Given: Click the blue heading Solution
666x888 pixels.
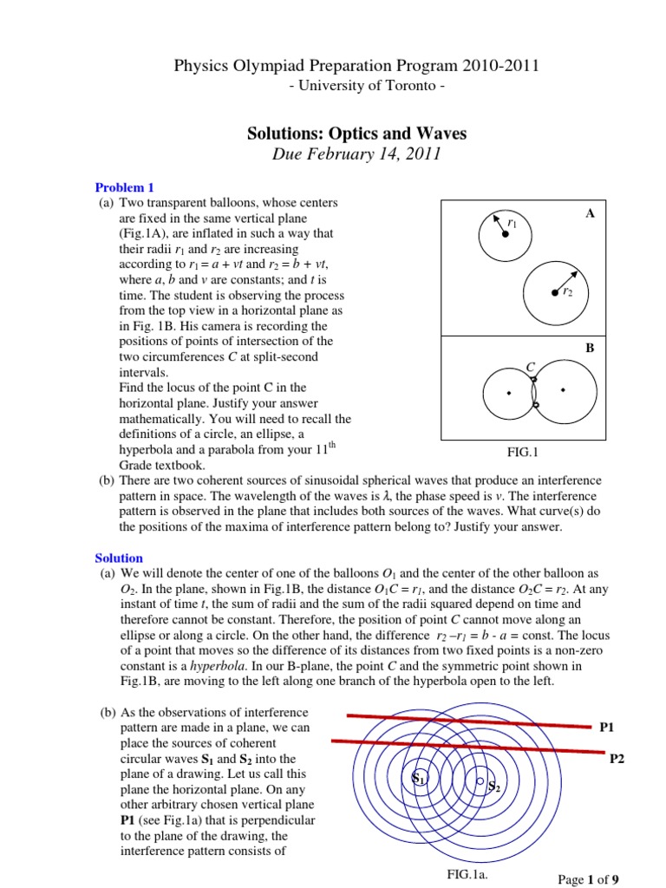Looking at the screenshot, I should (119, 558).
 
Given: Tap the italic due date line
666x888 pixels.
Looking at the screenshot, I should (333, 155).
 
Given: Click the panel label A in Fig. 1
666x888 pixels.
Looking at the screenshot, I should (590, 213).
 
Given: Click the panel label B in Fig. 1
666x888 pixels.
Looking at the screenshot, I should (590, 349).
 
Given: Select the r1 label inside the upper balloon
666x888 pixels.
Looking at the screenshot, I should (513, 225).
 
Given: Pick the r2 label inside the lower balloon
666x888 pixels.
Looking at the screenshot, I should (567, 293).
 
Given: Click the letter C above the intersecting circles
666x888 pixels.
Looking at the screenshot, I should (530, 369).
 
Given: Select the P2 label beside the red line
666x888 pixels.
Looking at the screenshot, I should (617, 759).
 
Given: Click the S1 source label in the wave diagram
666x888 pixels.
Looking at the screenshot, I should (419, 779).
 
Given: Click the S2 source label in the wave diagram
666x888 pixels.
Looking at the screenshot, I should (493, 787).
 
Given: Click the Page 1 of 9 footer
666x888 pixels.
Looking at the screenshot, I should (588, 879).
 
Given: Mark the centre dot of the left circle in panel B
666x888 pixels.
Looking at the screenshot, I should (509, 393).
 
